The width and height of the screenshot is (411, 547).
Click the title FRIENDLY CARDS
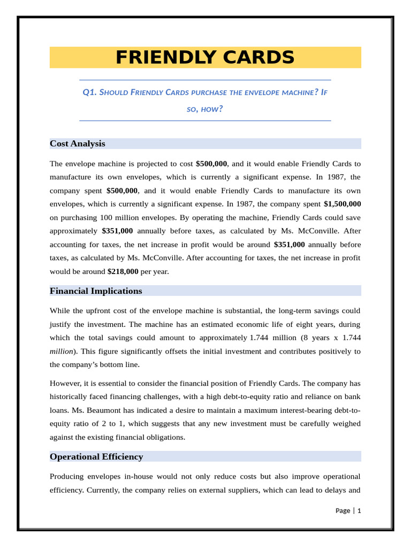point(205,57)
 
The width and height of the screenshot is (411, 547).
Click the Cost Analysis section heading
point(77,144)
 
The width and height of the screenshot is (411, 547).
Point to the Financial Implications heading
point(96,291)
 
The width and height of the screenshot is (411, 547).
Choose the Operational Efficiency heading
point(96,457)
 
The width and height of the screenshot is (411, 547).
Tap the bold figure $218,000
point(123,271)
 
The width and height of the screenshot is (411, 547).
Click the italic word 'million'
point(61,351)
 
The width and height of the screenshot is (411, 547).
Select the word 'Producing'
point(68,476)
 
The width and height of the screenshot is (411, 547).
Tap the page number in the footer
point(359,511)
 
